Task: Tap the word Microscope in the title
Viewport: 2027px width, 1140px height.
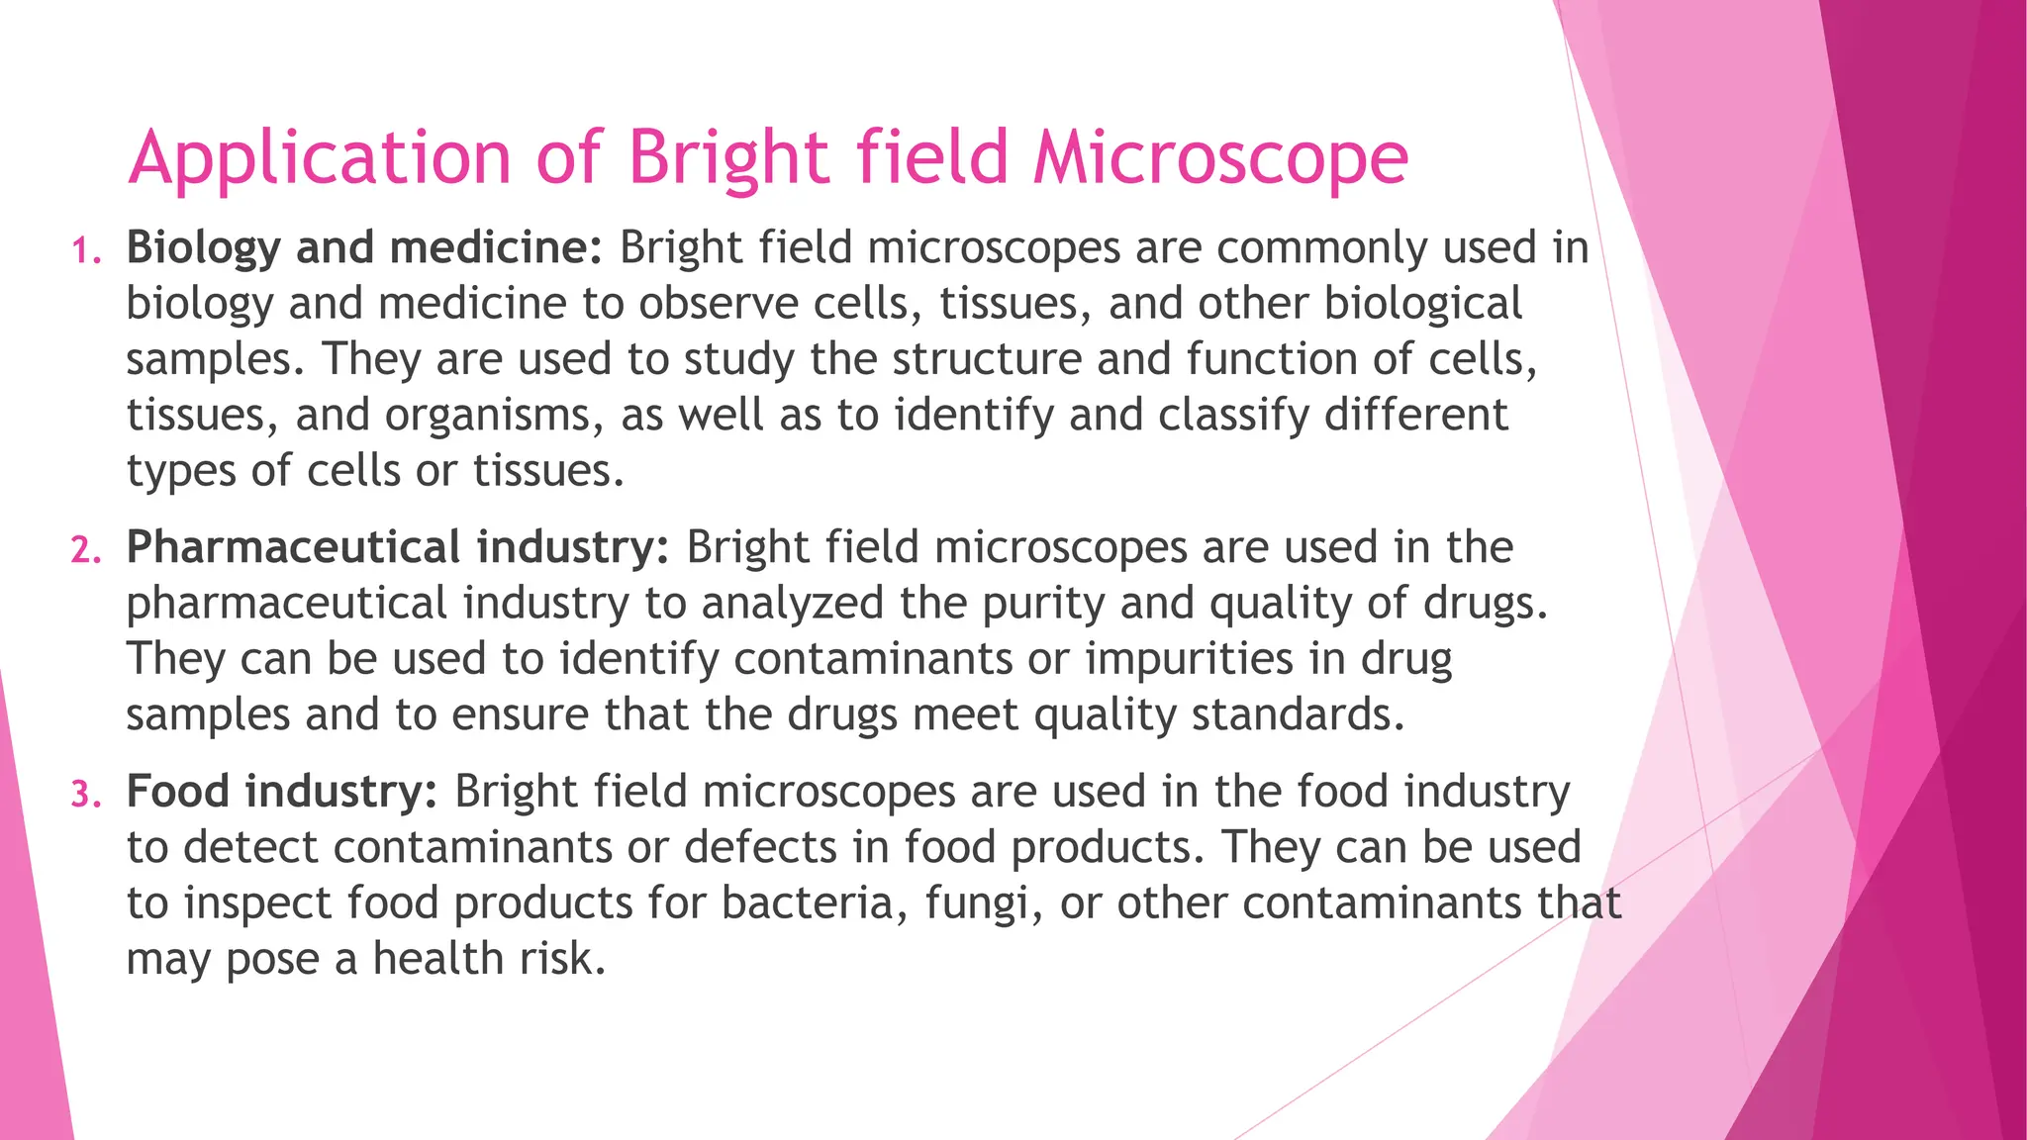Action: [1220, 158]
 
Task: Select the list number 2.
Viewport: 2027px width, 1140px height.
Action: [86, 551]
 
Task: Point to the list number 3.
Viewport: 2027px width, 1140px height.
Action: [86, 795]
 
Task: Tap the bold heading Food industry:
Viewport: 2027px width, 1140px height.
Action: [282, 792]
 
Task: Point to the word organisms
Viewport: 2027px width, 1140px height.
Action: [494, 416]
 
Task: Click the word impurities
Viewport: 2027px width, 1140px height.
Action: [1190, 659]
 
